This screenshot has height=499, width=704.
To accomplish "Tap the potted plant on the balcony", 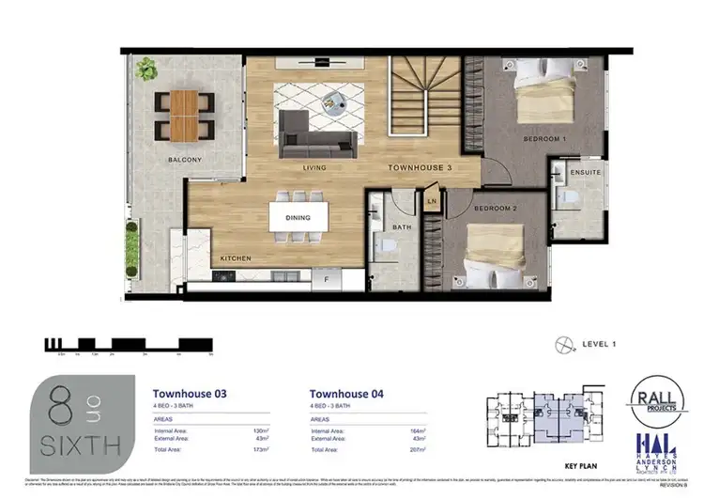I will pyautogui.click(x=145, y=69).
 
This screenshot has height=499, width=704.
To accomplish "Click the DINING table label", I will pyautogui.click(x=298, y=218).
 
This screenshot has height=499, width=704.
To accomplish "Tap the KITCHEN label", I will pyautogui.click(x=235, y=257).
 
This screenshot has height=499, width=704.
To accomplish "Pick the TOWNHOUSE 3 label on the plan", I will pyautogui.click(x=421, y=168).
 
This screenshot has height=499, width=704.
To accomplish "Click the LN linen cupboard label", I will pyautogui.click(x=433, y=201).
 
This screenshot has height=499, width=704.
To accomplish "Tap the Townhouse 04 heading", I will pyautogui.click(x=346, y=394).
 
